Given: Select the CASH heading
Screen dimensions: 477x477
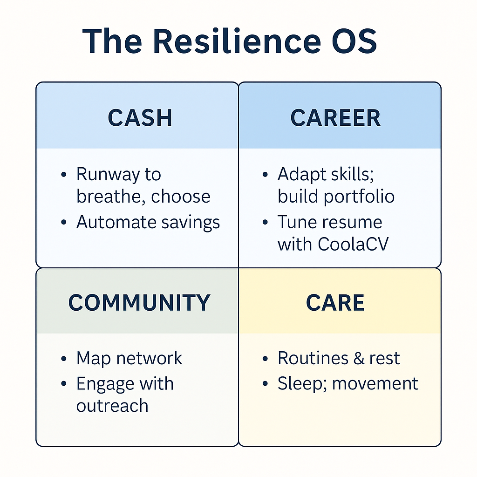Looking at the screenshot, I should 140,118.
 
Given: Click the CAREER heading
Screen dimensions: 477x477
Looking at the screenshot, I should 335,118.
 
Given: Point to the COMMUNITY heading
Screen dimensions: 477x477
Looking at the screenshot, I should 139,303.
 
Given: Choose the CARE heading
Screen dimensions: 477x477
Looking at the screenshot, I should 335,303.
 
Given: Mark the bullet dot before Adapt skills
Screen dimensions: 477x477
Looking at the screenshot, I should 265,175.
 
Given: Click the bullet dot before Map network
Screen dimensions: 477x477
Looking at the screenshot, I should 64,359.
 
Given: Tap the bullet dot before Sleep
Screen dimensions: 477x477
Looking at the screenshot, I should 265,384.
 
